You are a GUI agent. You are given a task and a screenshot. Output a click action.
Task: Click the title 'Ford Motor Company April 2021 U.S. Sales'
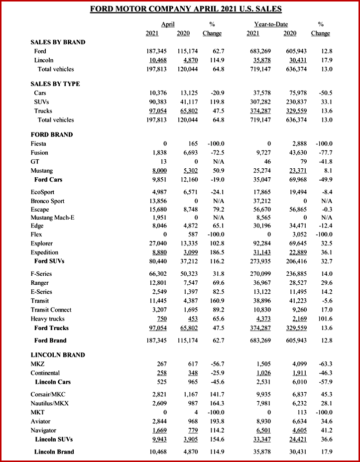tap(185, 9)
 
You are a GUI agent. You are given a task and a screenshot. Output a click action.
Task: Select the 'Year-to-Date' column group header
tap(271, 24)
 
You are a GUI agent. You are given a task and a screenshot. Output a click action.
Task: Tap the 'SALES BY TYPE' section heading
tap(55, 84)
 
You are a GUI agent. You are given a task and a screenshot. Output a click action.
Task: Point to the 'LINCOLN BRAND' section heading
tap(57, 355)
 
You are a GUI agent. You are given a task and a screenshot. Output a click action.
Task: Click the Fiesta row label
tap(40, 144)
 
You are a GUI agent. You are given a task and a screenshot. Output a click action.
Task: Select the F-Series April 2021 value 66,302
tap(156, 274)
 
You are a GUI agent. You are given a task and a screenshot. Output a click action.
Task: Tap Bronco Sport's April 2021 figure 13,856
tap(156, 201)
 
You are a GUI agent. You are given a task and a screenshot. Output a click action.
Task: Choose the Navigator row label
tap(43, 430)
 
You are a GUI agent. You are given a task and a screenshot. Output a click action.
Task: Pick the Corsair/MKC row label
tap(49, 394)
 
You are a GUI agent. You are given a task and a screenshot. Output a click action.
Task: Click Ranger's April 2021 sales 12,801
tap(156, 283)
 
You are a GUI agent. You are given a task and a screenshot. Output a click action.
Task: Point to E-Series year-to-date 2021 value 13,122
tap(260, 292)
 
